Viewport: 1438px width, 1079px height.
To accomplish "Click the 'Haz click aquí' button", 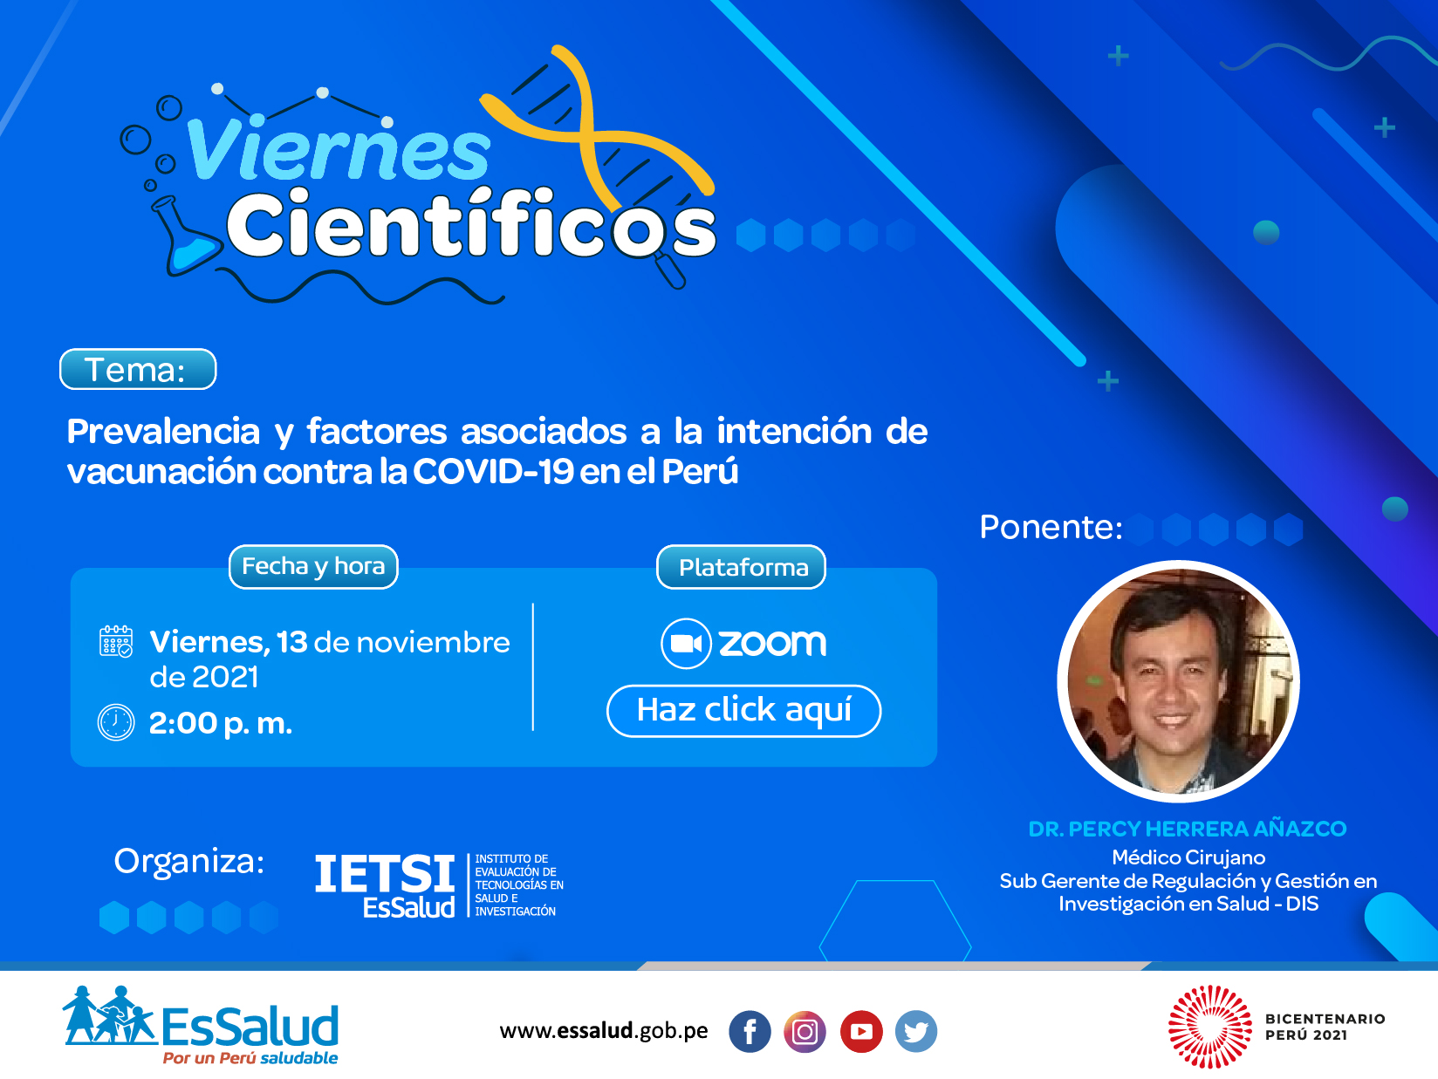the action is (x=743, y=710).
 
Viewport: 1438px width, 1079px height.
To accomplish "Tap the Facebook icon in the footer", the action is (x=750, y=1032).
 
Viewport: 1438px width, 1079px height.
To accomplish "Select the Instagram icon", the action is (x=805, y=1032).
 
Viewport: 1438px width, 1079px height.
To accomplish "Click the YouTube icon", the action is (x=861, y=1032).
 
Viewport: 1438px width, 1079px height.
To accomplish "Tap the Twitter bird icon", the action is (x=916, y=1032).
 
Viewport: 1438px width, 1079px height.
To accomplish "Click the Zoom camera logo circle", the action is (x=686, y=644).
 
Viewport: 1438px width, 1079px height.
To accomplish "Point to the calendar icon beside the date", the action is (x=116, y=642).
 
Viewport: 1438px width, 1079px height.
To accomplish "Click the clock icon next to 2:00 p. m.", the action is (x=116, y=723).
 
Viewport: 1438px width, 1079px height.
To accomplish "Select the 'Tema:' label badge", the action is (x=138, y=369).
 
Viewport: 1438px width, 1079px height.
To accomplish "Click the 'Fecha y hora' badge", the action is (x=313, y=566).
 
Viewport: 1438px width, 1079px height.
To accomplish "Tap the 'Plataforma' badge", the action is (x=741, y=567).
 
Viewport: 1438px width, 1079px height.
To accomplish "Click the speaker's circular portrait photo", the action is (x=1178, y=681).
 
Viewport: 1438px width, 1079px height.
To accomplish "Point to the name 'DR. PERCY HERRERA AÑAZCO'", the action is (x=1187, y=829).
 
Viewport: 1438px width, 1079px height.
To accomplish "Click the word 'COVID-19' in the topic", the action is (x=493, y=471).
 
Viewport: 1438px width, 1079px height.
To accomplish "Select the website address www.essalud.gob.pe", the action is (x=603, y=1031).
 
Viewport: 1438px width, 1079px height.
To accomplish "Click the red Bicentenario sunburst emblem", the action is (x=1210, y=1027).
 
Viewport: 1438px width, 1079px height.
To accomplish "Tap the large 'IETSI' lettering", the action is (x=385, y=873).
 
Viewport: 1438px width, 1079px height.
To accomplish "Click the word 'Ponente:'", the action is (x=1051, y=527).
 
